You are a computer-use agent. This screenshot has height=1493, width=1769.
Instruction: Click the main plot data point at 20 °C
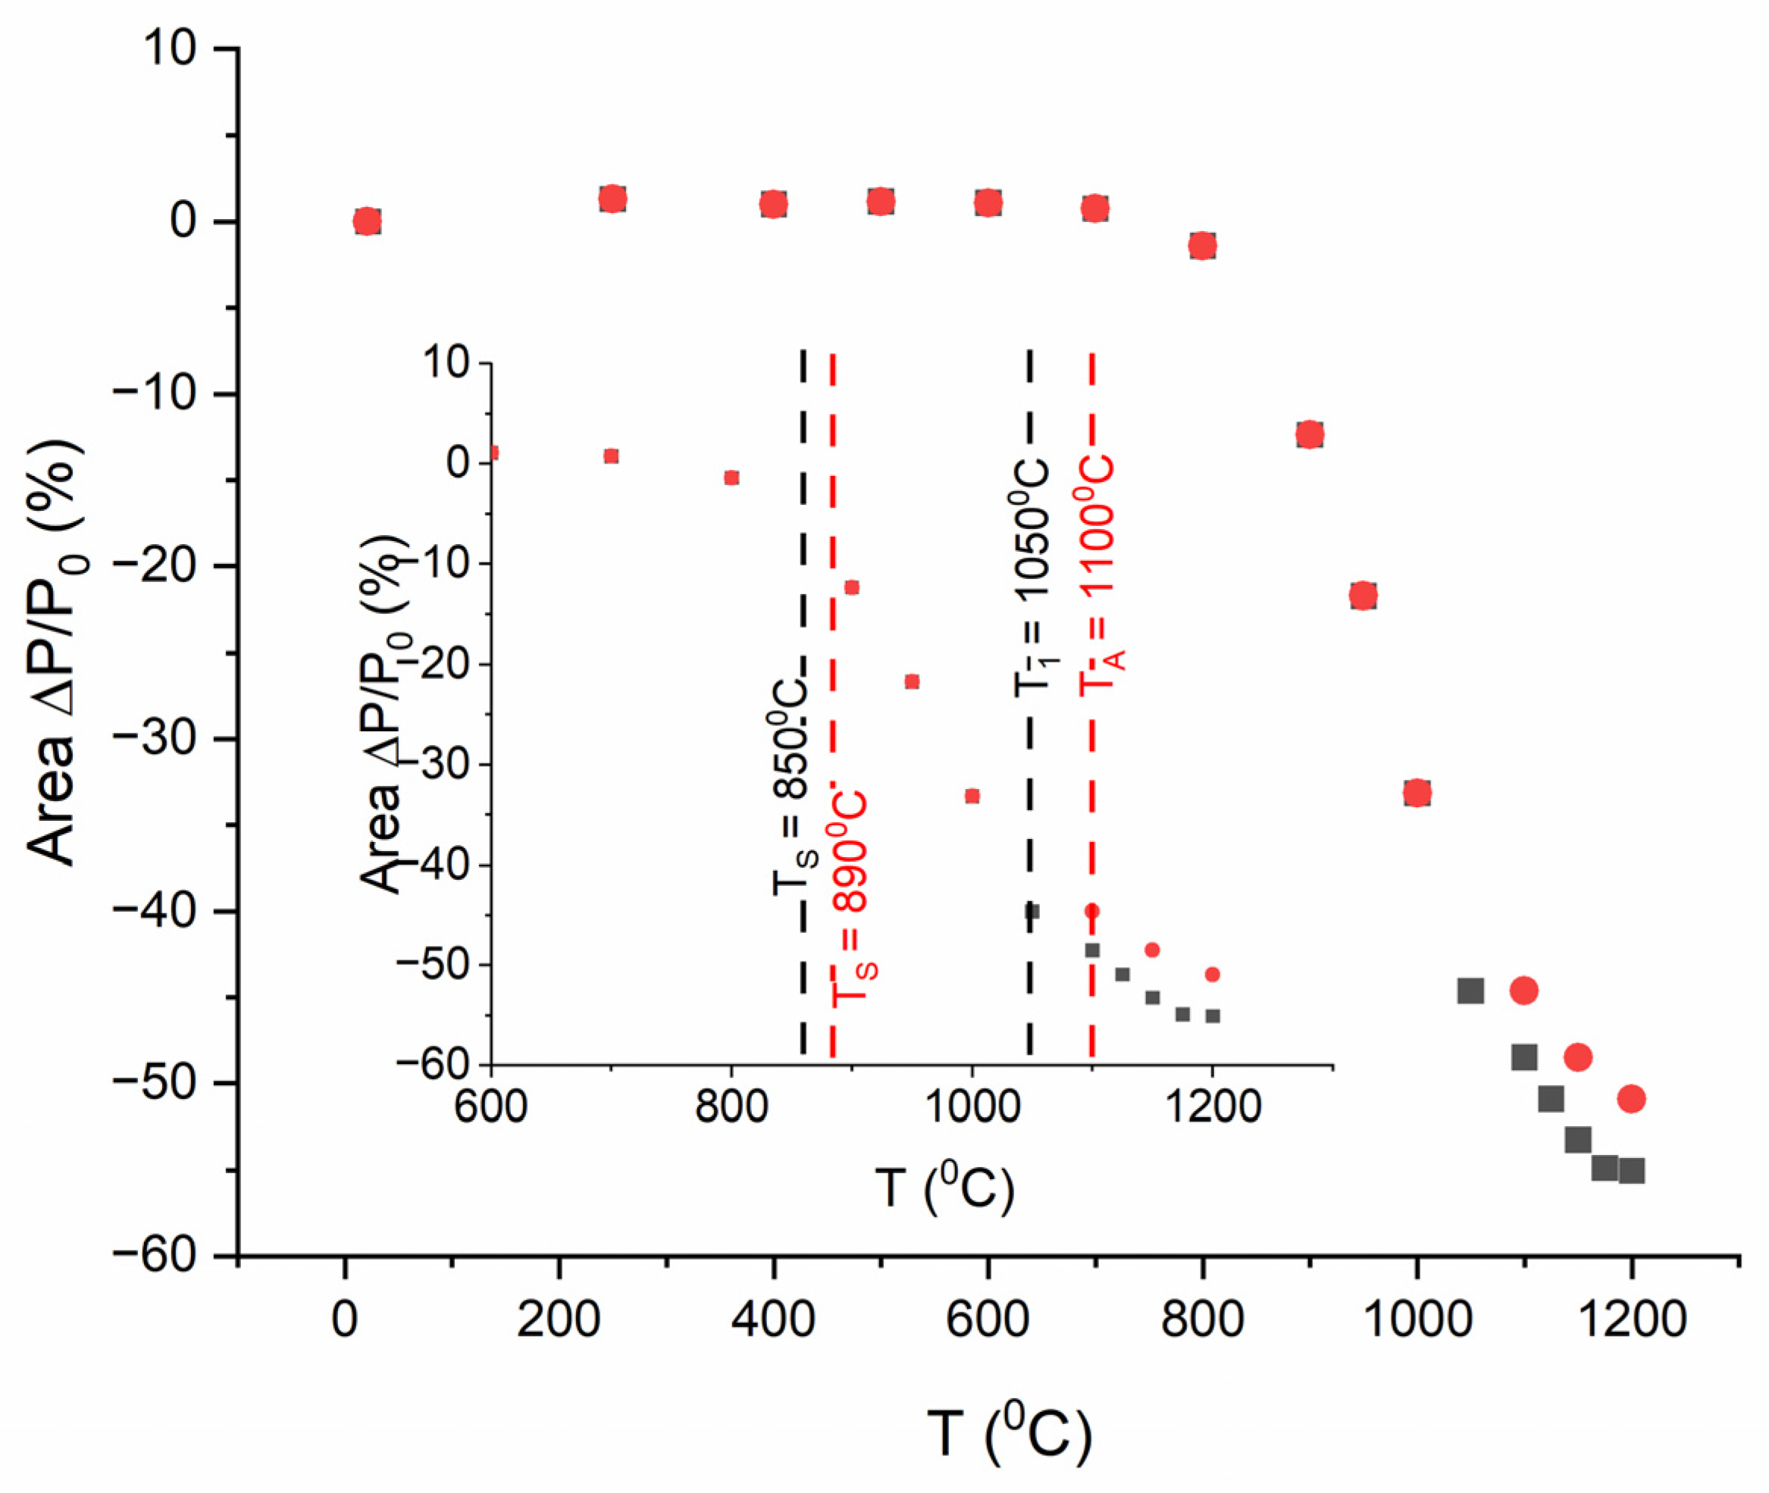click(367, 222)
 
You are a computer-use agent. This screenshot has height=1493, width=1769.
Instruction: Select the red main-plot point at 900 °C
click(1310, 435)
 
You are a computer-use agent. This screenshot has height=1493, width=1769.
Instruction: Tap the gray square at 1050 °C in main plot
click(1471, 991)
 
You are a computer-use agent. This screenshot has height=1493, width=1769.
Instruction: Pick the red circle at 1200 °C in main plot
click(1631, 1099)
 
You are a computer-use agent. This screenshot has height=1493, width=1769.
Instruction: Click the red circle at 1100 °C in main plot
click(1523, 991)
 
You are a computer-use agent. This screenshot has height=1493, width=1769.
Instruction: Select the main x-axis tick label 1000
click(1417, 1319)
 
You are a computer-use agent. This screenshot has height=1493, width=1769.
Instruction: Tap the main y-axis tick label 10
click(168, 49)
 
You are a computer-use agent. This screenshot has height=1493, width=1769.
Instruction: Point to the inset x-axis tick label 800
click(731, 1106)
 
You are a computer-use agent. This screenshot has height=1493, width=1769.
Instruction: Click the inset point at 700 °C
click(611, 456)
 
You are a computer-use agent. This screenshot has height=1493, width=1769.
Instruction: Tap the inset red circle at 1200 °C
click(1212, 974)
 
